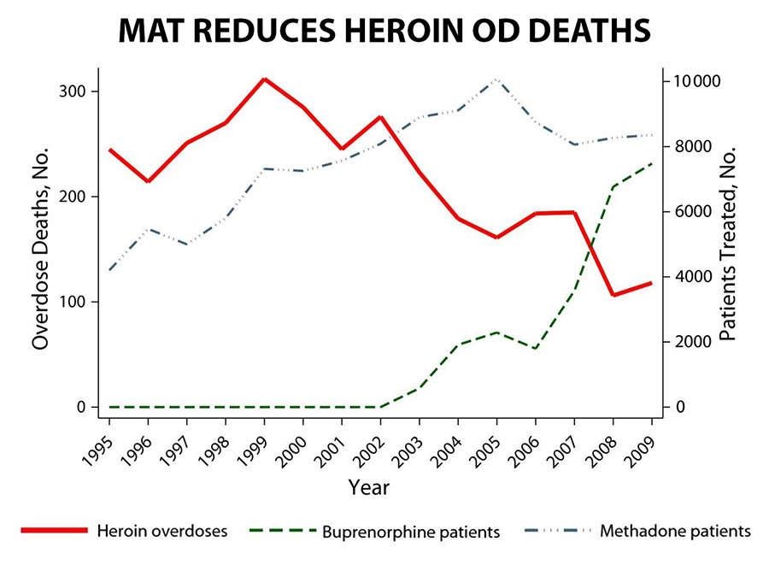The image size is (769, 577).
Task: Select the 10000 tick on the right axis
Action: point(697,81)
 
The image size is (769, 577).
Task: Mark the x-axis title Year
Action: point(369,488)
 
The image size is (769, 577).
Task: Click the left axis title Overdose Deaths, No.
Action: point(40,248)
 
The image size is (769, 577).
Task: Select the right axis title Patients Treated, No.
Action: point(727,244)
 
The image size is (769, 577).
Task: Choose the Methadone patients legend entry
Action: point(675,531)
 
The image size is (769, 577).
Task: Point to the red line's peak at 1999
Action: point(265,79)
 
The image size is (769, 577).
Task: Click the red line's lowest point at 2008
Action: point(613,295)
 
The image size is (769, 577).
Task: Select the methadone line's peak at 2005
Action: point(496,79)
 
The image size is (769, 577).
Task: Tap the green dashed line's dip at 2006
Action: point(536,349)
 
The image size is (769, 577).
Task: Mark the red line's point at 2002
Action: point(380,117)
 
